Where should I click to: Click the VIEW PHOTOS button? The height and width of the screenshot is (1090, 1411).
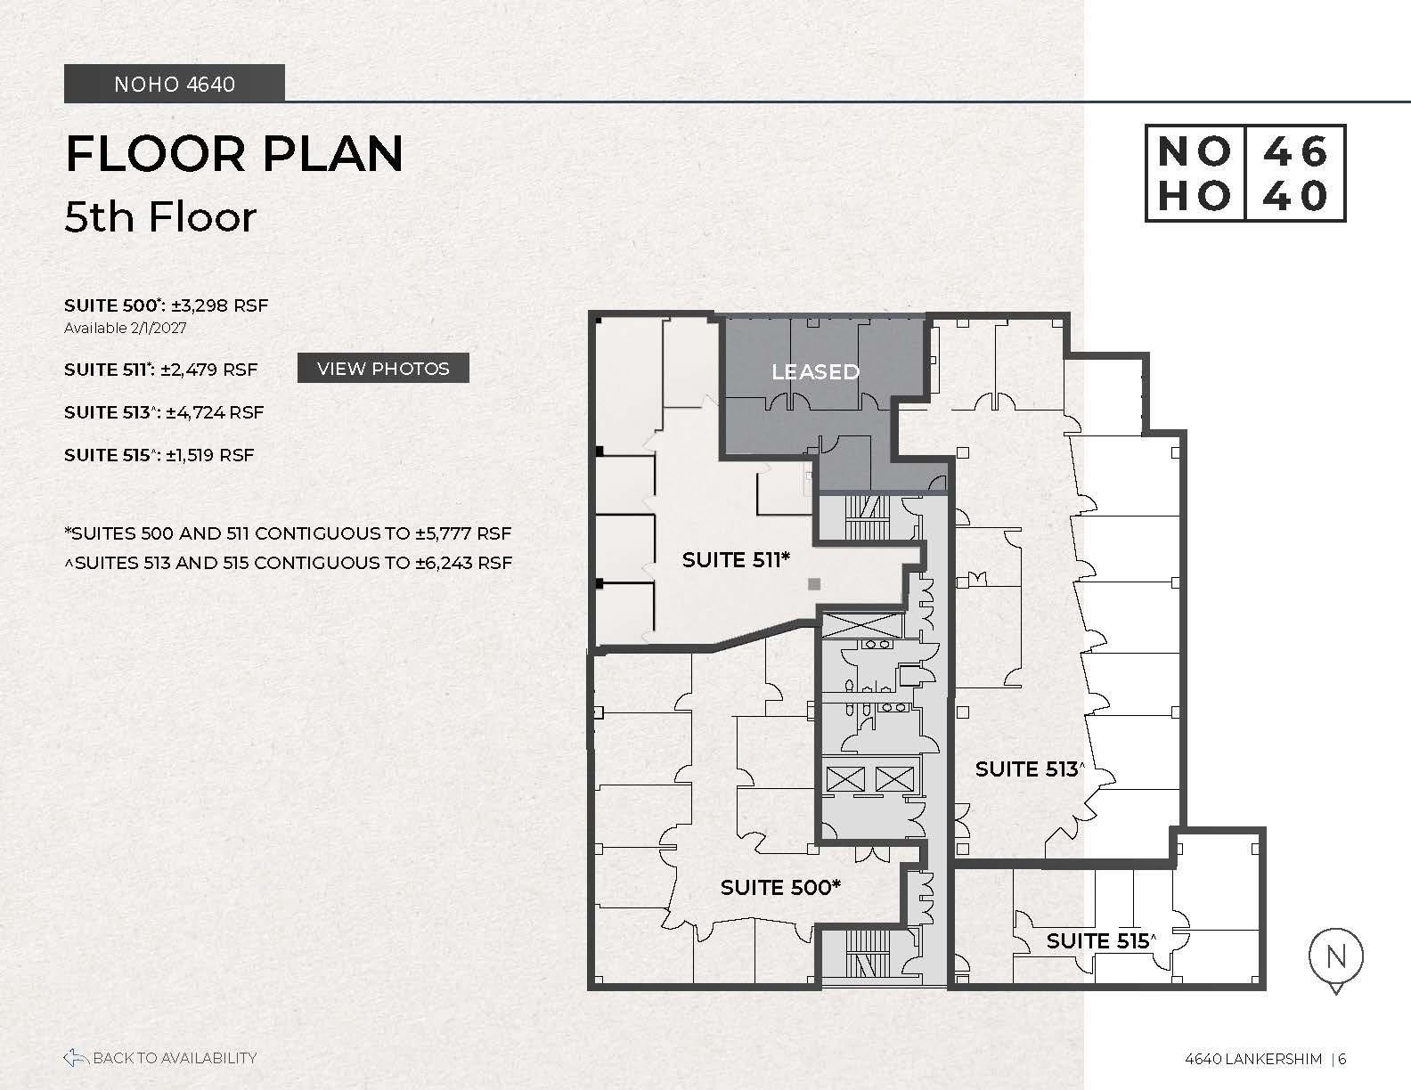[383, 368]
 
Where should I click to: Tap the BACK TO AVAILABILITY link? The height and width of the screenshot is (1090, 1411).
[160, 1058]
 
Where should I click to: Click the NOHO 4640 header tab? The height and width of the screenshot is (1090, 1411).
[174, 84]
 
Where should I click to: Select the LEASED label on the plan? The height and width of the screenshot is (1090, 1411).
[816, 371]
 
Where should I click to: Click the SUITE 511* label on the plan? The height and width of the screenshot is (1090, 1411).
[736, 559]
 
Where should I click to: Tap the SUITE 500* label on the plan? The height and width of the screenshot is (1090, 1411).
[780, 888]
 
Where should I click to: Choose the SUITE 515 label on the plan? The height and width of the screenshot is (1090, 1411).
[1101, 941]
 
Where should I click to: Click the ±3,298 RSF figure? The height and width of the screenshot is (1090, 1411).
[220, 305]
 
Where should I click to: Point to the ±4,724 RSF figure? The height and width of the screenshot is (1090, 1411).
[215, 412]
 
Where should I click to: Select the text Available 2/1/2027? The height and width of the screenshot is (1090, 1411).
[126, 328]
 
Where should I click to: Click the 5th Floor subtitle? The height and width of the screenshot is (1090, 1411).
[160, 216]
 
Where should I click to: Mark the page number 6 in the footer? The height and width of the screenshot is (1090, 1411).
[1342, 1059]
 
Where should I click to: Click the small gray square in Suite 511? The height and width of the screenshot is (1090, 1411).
[814, 584]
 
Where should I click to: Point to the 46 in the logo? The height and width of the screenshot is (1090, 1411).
[1295, 152]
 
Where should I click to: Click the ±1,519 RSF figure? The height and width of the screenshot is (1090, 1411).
[209, 455]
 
